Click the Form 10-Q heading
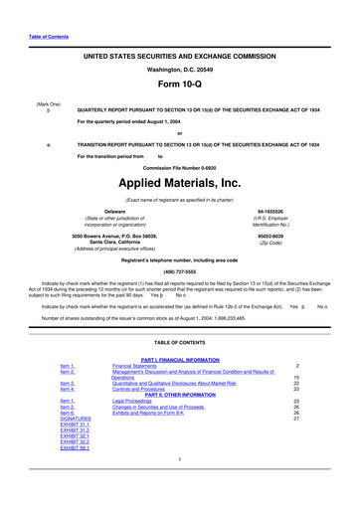[x=179, y=85]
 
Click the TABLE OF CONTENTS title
[x=179, y=341]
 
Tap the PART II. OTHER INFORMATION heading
[x=179, y=395]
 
